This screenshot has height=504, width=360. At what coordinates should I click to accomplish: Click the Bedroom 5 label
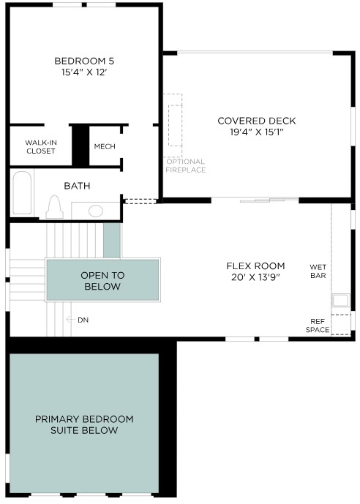(x=84, y=61)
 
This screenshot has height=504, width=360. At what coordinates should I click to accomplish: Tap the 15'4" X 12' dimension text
(x=84, y=72)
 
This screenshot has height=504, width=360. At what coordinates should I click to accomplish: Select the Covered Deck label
(x=257, y=121)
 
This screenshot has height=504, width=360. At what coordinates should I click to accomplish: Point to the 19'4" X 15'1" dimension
(x=257, y=132)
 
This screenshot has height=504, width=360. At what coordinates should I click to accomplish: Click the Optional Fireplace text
(x=186, y=165)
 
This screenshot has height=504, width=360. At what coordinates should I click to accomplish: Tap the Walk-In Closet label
(x=41, y=146)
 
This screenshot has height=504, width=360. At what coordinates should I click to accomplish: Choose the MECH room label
(x=105, y=146)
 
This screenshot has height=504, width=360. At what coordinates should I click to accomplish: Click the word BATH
(x=77, y=186)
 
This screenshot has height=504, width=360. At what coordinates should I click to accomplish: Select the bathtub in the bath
(x=22, y=192)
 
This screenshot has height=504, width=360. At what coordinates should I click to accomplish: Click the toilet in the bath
(x=54, y=207)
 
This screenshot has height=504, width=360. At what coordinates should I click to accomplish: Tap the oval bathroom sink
(x=96, y=211)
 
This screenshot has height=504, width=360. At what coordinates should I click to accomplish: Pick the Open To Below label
(x=102, y=281)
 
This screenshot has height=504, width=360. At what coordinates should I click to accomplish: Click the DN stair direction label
(x=83, y=320)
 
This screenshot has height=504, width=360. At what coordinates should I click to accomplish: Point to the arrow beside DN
(x=70, y=320)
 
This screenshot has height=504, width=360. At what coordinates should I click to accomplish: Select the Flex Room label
(x=255, y=266)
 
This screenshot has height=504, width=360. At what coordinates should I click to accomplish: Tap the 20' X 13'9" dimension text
(x=255, y=277)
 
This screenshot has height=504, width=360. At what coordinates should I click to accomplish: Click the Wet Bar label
(x=318, y=271)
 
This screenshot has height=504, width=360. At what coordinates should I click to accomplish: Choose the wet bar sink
(x=341, y=301)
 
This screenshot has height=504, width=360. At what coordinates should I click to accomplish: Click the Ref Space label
(x=318, y=326)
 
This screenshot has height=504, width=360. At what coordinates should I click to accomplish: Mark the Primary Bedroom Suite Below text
(x=84, y=424)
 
